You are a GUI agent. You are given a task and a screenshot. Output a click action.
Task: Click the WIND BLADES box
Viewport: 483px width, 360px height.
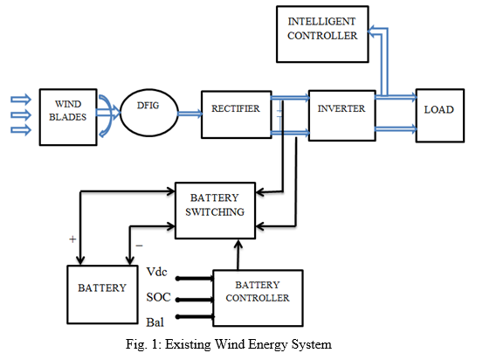(x=68, y=117)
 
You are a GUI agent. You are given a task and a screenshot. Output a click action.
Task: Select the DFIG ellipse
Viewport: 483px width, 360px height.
(x=149, y=113)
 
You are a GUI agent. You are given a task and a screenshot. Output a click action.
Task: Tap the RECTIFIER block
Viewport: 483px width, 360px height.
(x=237, y=114)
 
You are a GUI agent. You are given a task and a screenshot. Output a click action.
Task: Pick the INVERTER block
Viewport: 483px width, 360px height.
(x=342, y=115)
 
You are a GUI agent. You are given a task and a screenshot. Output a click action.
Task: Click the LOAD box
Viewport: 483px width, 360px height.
(x=440, y=115)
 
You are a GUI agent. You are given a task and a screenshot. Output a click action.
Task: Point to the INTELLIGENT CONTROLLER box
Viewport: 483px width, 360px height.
(x=322, y=34)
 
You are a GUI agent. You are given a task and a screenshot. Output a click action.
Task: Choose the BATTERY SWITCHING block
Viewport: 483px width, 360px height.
(x=215, y=211)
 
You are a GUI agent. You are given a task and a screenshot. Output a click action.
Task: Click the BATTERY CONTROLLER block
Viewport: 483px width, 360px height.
(x=258, y=298)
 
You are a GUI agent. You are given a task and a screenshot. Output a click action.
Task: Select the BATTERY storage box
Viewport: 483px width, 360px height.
(x=102, y=294)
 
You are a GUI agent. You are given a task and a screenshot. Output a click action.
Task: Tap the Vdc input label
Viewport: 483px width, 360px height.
(x=156, y=272)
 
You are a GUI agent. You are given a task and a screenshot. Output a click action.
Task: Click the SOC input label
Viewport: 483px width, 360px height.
(x=158, y=297)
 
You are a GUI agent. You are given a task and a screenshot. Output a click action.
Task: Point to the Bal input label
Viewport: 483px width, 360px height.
(x=155, y=322)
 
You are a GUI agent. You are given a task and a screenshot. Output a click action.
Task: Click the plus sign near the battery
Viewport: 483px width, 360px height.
(x=72, y=239)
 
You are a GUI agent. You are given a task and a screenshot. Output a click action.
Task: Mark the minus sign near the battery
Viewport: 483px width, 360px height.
(x=139, y=246)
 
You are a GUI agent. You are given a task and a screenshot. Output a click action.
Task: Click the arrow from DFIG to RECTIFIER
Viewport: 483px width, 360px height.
(x=190, y=114)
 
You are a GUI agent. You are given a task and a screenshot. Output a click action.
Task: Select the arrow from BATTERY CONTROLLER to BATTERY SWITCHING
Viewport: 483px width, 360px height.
(x=238, y=254)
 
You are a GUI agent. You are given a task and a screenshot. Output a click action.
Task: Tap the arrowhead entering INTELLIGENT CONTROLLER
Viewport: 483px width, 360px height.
(x=371, y=31)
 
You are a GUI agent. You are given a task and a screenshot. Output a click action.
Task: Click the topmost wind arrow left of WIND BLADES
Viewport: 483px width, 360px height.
(x=21, y=100)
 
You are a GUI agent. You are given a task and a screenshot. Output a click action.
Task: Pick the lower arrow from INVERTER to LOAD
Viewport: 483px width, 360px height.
(x=396, y=128)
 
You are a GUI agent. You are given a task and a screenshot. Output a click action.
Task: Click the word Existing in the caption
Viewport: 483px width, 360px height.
(x=187, y=344)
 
